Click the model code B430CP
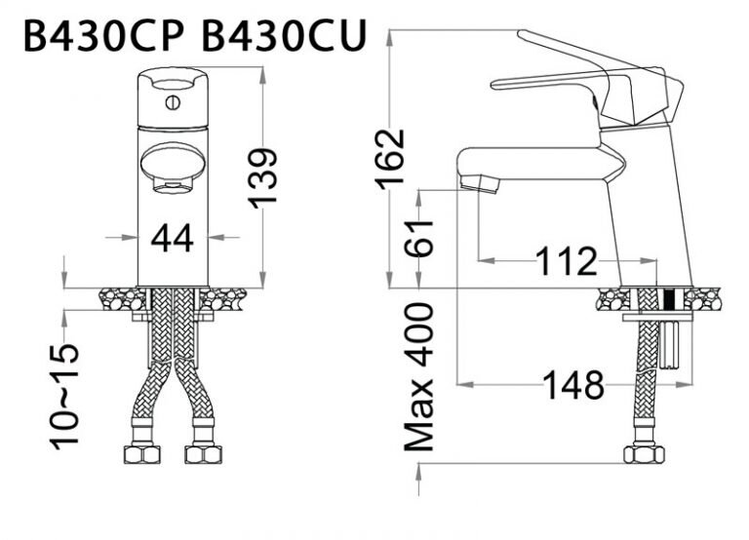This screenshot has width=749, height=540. coord(106,36)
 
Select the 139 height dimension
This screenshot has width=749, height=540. coord(261,176)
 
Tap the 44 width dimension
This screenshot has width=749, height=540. coord(173,237)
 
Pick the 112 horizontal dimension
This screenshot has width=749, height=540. coord(565,261)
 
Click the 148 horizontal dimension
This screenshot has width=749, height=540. coord(573,386)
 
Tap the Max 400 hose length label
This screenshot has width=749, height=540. coord(419,376)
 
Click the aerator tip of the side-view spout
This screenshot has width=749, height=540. coord(479,182)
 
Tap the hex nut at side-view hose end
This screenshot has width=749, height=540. coord(645,453)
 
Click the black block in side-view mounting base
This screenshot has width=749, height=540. coord(670,300)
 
